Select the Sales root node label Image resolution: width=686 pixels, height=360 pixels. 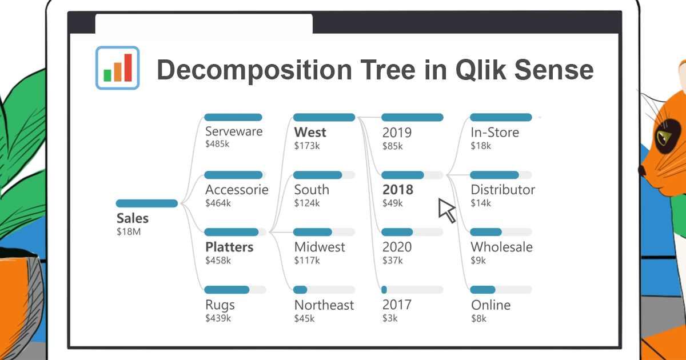(133, 218)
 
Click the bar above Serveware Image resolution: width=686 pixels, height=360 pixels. (233, 117)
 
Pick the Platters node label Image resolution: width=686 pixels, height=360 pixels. (229, 247)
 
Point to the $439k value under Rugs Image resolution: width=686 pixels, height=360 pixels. (218, 318)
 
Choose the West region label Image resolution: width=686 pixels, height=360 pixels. (310, 132)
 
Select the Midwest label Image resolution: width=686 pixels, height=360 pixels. (320, 247)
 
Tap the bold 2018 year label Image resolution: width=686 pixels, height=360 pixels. (397, 189)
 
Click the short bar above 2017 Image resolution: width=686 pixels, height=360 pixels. (384, 290)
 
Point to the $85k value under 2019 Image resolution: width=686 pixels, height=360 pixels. (393, 146)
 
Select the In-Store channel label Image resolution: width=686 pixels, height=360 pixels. (494, 132)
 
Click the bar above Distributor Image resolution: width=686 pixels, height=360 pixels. (494, 175)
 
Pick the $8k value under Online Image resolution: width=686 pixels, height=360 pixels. (478, 318)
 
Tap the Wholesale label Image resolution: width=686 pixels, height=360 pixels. (501, 247)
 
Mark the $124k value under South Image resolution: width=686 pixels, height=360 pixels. (306, 203)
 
